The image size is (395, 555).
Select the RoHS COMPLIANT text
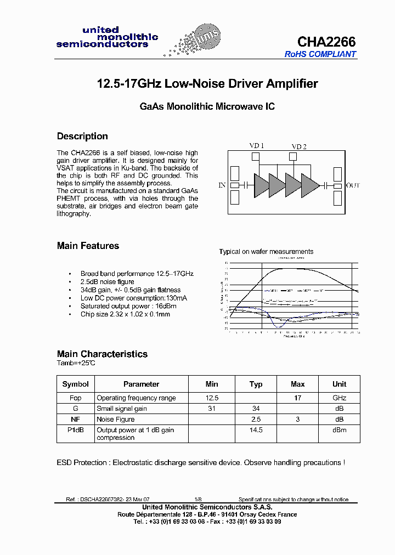[320, 54]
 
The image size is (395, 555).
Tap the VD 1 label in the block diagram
[257, 146]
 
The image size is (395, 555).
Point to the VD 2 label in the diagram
[299, 146]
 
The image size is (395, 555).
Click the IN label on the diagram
[222, 185]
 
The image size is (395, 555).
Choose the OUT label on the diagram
[353, 185]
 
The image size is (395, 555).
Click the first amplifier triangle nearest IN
[261, 185]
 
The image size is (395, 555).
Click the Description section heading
[82, 137]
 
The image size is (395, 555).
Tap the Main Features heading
[88, 246]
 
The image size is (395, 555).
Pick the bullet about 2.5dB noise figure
[107, 282]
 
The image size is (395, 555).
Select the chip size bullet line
[125, 314]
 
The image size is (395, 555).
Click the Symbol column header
[75, 384]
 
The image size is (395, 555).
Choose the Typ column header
[256, 384]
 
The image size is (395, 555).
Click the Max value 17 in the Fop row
[297, 398]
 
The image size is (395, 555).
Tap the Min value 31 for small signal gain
[212, 409]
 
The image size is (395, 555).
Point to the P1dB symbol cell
[75, 430]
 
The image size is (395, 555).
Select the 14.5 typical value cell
[256, 430]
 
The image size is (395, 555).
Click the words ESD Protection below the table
[82, 463]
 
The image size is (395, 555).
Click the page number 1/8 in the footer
[198, 500]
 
